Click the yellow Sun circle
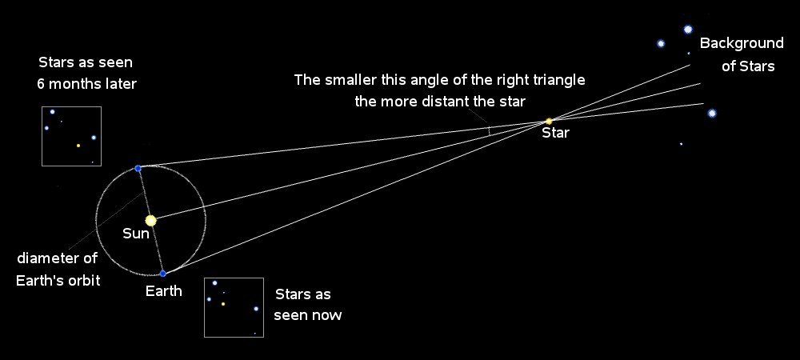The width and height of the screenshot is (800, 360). [x=150, y=220]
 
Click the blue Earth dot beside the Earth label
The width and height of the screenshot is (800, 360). [x=162, y=274]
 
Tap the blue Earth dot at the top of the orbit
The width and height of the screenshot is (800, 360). [x=138, y=168]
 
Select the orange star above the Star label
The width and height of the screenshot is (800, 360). [x=549, y=122]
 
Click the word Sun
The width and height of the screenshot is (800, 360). [x=136, y=234]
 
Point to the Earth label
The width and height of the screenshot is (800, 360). [x=163, y=291]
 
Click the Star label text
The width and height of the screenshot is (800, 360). [x=556, y=134]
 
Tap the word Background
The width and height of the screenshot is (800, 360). [x=742, y=43]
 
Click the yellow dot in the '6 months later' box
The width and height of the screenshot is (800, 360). [x=78, y=146]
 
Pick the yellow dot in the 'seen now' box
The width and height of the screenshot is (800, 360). [x=223, y=303]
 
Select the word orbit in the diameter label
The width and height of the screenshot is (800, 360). [x=84, y=281]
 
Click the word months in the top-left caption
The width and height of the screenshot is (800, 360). [x=76, y=84]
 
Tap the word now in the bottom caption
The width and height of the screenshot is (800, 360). [x=328, y=315]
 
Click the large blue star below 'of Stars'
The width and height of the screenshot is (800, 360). [x=712, y=114]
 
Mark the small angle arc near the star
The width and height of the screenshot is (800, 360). [x=490, y=131]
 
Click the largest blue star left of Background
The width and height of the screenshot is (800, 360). [x=688, y=29]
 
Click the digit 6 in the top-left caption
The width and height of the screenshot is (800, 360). [x=41, y=84]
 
